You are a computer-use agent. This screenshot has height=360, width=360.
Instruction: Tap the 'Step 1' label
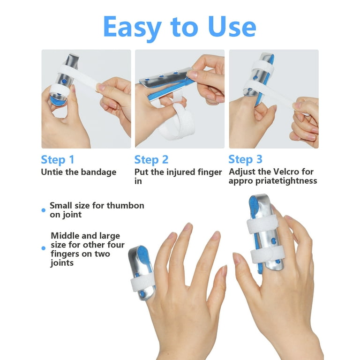58,160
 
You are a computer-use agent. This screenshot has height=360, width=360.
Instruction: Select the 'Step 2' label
151,160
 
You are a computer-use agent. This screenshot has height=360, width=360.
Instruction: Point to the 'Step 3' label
245,159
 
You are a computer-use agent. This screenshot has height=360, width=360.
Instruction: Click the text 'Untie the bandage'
79,172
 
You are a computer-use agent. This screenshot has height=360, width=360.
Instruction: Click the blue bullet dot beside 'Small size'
44,210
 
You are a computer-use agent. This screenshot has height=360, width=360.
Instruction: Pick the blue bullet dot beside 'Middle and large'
44,248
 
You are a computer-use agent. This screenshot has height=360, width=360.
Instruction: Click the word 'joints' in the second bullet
62,263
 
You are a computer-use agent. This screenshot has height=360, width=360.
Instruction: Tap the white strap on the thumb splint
142,282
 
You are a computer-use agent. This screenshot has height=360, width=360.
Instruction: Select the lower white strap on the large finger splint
268,255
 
